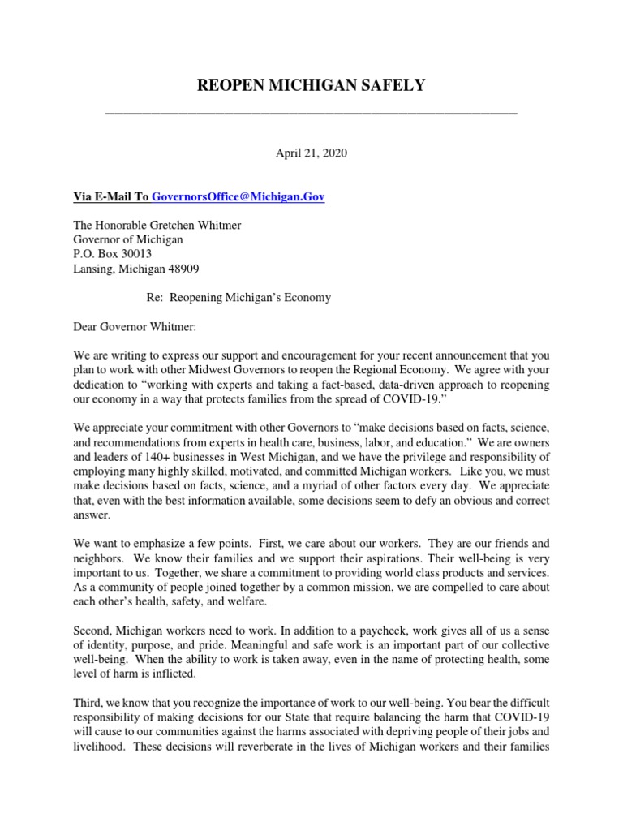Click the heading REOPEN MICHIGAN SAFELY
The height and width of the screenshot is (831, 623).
[x=311, y=85]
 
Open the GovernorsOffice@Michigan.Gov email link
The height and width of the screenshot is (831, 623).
[x=238, y=197]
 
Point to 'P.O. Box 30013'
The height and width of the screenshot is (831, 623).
[x=112, y=254]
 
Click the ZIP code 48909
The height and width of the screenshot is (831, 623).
[x=183, y=269]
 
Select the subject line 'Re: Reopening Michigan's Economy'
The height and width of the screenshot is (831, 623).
[x=238, y=298]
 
